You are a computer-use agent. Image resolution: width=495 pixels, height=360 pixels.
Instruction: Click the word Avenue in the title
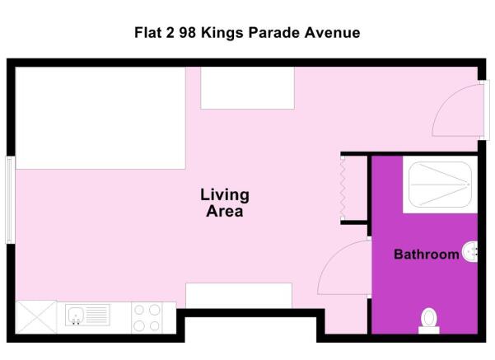331,33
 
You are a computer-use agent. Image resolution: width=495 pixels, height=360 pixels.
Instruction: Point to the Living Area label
224,203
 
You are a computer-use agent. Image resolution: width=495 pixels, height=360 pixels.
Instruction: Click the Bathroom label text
426,255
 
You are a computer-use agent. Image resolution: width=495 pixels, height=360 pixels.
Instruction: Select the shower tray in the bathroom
440,185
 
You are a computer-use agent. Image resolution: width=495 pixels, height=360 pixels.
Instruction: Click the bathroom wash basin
471,251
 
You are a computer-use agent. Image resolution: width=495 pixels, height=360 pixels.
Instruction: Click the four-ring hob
147,318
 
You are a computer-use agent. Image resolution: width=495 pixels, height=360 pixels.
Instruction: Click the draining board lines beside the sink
96,314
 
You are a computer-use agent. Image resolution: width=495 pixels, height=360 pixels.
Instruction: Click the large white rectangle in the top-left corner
100,118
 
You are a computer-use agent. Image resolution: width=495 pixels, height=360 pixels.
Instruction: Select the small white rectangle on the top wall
247,87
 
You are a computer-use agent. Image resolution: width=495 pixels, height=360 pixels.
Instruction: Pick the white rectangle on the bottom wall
238,295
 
